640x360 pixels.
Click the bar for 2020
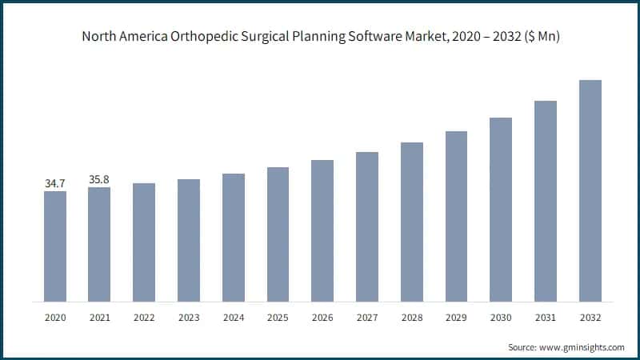click(55, 246)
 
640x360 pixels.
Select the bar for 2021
click(99, 245)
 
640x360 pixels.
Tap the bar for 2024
click(234, 238)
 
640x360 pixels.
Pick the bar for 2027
click(367, 226)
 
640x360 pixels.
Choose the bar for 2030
click(501, 210)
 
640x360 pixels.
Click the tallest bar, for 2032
click(590, 191)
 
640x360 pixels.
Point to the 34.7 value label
click(55, 184)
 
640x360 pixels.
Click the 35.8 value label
click(99, 181)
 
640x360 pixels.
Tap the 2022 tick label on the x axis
click(144, 318)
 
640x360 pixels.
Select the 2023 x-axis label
click(189, 318)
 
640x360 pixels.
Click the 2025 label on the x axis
click(278, 318)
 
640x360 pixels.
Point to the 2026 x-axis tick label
click(322, 318)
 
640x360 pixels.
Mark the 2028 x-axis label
click(412, 318)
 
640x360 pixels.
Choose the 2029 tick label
click(456, 318)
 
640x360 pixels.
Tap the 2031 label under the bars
click(546, 318)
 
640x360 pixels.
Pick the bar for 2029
click(456, 216)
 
